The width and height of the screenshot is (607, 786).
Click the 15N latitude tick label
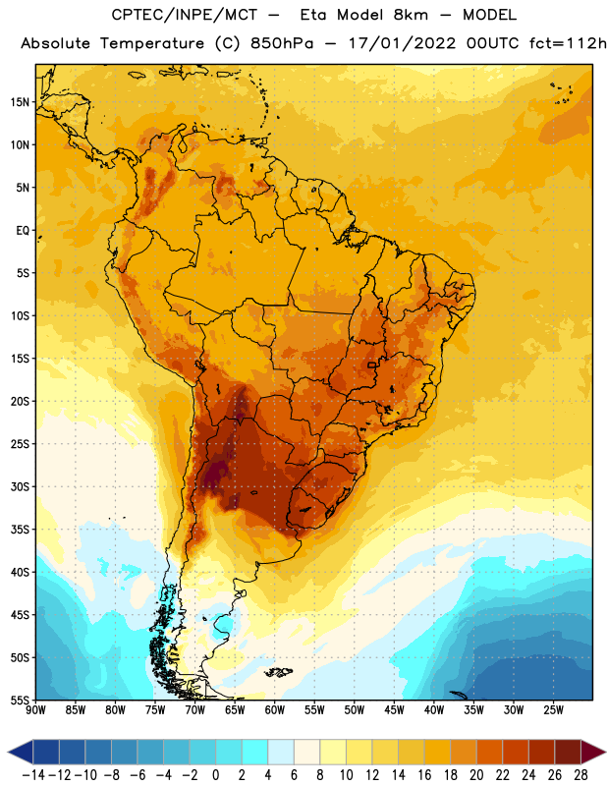(x=21, y=102)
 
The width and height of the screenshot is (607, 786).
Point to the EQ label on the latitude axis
(x=23, y=231)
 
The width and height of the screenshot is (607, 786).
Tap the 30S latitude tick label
(x=21, y=486)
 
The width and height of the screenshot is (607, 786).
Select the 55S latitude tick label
(x=21, y=701)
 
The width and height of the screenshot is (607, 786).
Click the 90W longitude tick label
(x=35, y=710)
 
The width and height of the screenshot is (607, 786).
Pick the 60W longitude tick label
(x=275, y=710)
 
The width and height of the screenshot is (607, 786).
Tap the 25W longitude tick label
(x=553, y=710)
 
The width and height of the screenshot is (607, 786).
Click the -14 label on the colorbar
(x=33, y=775)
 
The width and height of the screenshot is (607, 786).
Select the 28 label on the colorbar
(x=580, y=775)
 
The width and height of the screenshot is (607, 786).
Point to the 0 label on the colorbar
(x=215, y=775)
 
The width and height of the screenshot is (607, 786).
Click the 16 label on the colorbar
(x=424, y=775)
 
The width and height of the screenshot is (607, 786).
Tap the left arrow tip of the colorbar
(x=9, y=752)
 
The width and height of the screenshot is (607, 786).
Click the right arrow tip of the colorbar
(x=605, y=752)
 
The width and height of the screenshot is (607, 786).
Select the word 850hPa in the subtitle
(x=282, y=43)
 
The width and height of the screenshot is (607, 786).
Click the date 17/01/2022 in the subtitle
(x=402, y=43)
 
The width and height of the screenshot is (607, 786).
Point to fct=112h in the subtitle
(x=568, y=43)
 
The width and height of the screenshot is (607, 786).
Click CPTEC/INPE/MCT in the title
(x=185, y=15)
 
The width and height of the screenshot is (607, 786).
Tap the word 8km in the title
(x=411, y=15)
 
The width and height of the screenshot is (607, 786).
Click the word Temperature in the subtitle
(x=152, y=44)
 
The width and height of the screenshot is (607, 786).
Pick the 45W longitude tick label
(x=394, y=710)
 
